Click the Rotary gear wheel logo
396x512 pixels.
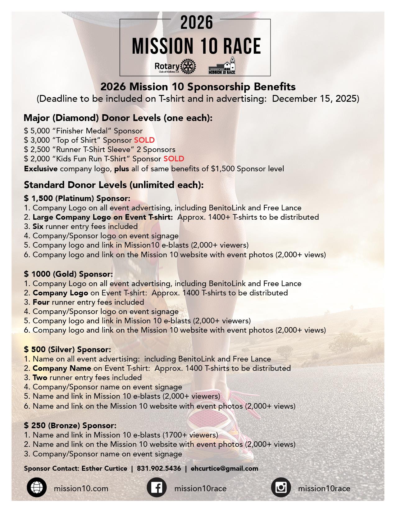tap(189, 66)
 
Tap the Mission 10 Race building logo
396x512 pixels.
tap(222, 66)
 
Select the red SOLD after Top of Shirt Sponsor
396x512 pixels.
tap(144, 140)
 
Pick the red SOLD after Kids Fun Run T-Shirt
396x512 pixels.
tap(174, 159)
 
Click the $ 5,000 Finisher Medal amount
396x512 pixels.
tap(37, 131)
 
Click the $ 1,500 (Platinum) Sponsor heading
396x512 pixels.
tap(77, 198)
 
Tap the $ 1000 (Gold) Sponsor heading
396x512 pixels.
tap(68, 274)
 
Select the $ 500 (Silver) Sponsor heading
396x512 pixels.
tap(67, 350)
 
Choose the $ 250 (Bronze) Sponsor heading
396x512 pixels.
tap(70, 425)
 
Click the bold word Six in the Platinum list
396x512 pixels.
tap(38, 227)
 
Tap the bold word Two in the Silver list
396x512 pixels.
tap(40, 378)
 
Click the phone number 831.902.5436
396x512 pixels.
tap(159, 469)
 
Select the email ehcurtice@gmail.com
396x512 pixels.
tap(224, 469)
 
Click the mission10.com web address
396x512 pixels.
tap(81, 489)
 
